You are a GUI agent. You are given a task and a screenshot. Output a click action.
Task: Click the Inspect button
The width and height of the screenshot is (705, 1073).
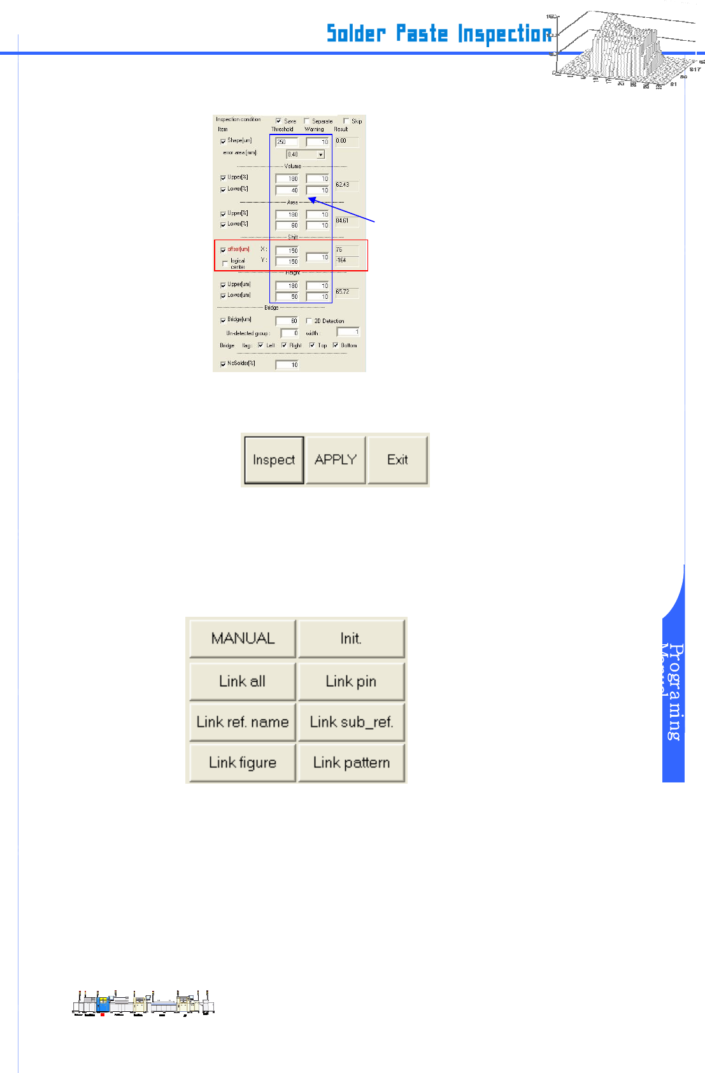pos(274,460)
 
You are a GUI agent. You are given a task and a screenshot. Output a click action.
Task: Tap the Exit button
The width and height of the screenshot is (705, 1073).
pos(398,460)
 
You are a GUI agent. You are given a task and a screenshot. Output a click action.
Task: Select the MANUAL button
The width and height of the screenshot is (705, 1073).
pos(243,638)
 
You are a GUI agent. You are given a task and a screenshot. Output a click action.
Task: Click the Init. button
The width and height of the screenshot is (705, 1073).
pos(351,638)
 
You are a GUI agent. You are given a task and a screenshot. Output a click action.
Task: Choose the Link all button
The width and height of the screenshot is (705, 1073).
pos(243,681)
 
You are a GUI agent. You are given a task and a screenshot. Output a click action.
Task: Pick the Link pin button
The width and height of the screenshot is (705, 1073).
pos(351,681)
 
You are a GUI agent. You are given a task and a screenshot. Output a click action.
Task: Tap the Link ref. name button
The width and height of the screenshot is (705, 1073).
pos(243,722)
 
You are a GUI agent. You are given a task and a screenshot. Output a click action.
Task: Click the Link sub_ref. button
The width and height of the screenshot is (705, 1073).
pos(351,722)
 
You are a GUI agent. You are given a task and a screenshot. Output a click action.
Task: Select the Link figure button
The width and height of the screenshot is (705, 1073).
pos(243,763)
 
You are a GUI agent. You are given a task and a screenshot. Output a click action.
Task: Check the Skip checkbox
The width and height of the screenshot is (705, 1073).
pos(346,120)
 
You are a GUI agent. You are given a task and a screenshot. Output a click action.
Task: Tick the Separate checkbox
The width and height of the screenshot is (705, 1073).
pos(306,120)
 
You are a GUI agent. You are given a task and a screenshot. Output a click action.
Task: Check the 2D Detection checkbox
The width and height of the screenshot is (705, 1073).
pos(309,320)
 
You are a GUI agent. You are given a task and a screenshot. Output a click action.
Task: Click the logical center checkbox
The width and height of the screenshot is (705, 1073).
pos(224,263)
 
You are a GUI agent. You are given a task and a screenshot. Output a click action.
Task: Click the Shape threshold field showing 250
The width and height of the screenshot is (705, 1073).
pos(287,141)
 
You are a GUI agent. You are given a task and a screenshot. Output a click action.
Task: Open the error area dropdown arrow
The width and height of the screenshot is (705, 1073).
pos(320,154)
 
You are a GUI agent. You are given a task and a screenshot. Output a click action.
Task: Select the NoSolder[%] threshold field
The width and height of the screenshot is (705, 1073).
pos(287,364)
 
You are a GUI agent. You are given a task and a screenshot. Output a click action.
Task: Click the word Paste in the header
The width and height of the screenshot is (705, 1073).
pos(422,33)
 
